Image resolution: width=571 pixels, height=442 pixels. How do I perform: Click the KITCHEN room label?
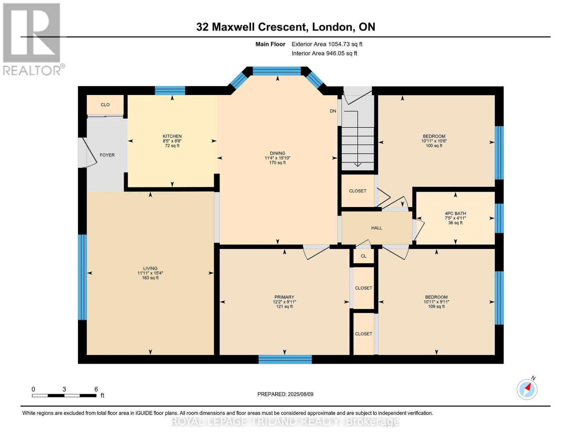point(172,136)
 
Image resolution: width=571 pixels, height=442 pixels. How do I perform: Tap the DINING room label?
point(278,153)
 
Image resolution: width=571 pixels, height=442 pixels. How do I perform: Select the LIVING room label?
point(150,268)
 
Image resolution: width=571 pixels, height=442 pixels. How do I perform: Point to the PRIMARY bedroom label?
point(284,297)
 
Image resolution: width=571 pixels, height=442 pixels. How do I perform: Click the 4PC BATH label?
point(456,214)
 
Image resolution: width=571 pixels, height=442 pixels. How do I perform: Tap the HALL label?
point(376,228)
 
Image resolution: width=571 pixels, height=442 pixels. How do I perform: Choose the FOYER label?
point(107,155)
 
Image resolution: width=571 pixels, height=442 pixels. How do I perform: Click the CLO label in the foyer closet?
point(105,105)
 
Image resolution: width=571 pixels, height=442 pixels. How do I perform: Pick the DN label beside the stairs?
point(333,111)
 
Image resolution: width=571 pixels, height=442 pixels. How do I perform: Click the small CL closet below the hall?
point(363,256)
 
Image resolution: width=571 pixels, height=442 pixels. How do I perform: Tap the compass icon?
point(527,389)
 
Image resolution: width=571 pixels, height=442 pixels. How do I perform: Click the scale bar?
point(64,395)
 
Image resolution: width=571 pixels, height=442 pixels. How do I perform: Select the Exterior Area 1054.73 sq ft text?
point(327,44)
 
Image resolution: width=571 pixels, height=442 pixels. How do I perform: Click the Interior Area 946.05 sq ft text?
point(324,53)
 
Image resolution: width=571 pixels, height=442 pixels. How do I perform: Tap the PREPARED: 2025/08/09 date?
point(285,394)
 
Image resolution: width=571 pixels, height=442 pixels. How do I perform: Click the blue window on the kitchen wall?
point(170,91)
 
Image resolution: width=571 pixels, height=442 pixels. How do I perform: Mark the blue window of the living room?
point(82,277)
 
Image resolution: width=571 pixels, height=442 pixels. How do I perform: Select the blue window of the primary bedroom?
point(285,359)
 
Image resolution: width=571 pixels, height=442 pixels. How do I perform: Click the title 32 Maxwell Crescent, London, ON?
point(286,27)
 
